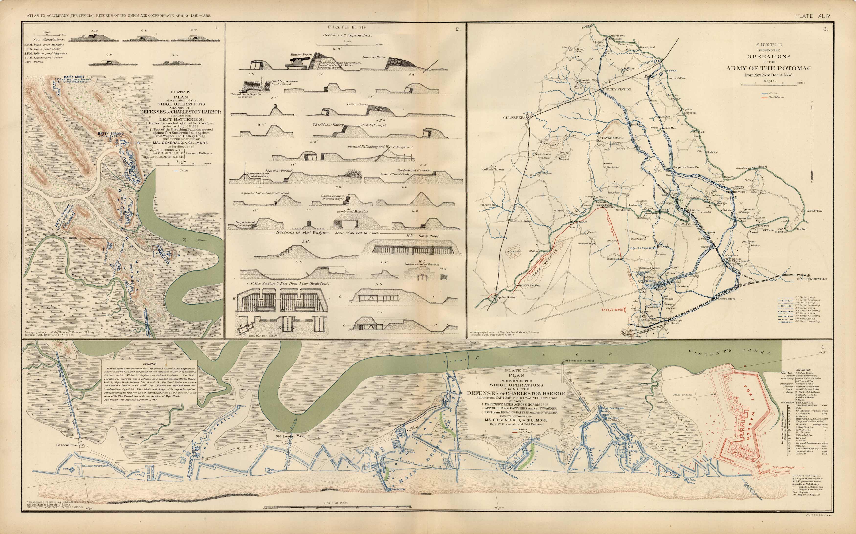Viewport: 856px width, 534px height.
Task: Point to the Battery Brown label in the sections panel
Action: (x=301, y=55)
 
